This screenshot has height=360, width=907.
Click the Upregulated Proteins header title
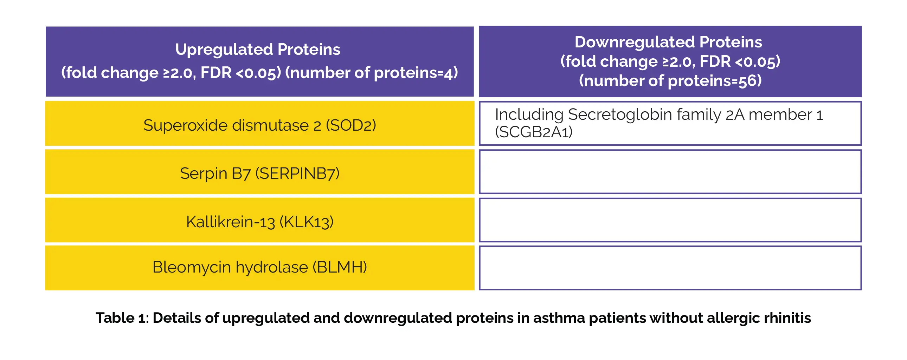(258, 49)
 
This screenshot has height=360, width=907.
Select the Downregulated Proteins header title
(668, 42)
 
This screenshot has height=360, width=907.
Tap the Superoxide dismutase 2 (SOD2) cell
(260, 124)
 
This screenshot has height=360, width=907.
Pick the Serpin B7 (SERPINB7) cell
(260, 172)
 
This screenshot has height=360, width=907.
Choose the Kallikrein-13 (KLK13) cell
(260, 220)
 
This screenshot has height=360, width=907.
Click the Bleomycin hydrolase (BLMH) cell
(260, 268)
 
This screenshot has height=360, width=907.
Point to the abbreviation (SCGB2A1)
(534, 132)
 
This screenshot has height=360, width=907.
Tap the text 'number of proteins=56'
(670, 80)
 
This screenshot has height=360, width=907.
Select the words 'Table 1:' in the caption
(122, 318)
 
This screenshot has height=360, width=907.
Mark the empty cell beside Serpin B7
(670, 172)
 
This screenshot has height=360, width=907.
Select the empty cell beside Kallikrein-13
(670, 220)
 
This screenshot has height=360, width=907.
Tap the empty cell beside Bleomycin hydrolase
(670, 268)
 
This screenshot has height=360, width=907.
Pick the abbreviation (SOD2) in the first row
(351, 125)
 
